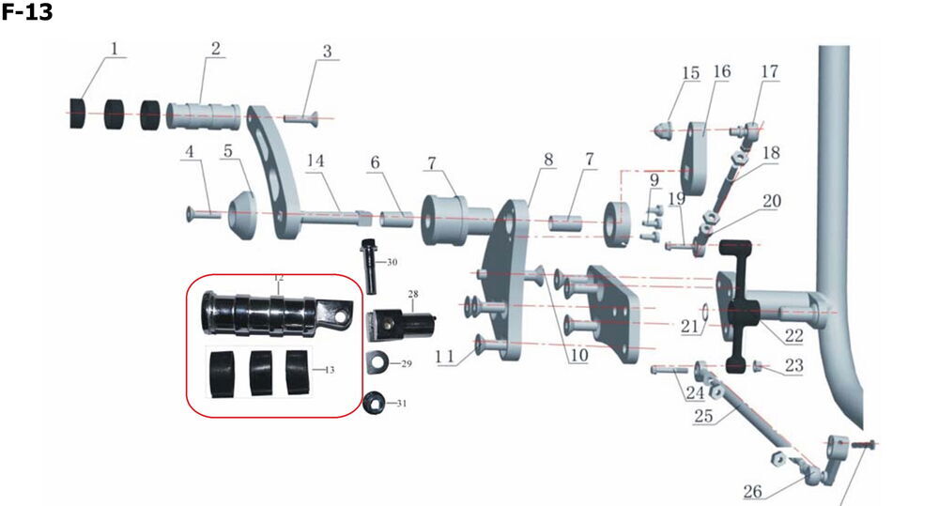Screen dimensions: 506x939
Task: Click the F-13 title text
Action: (x=27, y=13)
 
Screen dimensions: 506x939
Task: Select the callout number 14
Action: (x=316, y=161)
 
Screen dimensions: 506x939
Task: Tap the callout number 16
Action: (x=721, y=72)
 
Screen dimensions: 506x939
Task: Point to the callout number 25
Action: (x=701, y=414)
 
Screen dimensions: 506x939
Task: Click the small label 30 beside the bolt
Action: (x=392, y=262)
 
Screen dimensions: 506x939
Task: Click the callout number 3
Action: (x=327, y=52)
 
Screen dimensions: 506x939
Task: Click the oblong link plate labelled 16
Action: (x=695, y=155)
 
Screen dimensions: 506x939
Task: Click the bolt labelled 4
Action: (x=203, y=214)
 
